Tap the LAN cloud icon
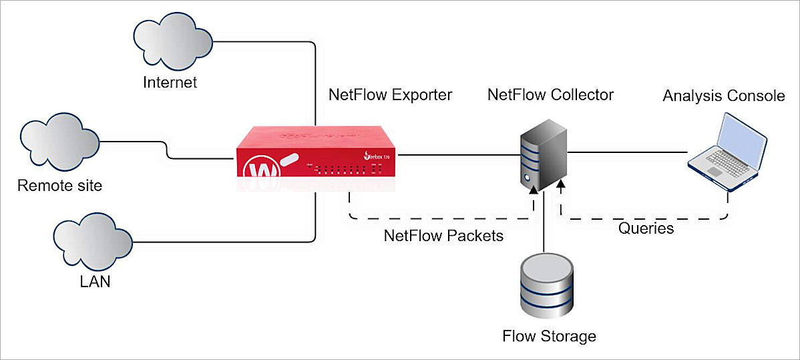pos(91,239)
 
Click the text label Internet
pos(170,83)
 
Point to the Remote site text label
pos(60,185)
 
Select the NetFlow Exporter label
pos(390,95)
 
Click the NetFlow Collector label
pos(550,95)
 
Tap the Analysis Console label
pos(723,96)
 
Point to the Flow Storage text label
pos(549,335)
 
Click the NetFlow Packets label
pos(443,236)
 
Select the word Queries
pos(646,228)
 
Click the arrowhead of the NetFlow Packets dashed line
pos(533,192)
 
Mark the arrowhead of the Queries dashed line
pos(561,183)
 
